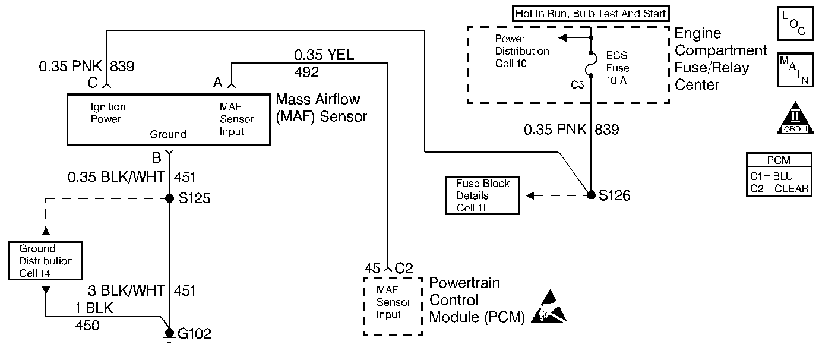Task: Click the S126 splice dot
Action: [591, 195]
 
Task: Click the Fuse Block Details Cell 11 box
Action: [482, 195]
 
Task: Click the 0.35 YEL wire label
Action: [324, 55]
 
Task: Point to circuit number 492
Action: [306, 72]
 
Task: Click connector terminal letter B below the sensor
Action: [157, 158]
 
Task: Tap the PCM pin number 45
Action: [372, 268]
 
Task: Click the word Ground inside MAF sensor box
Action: [168, 134]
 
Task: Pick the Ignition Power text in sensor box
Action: [108, 113]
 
